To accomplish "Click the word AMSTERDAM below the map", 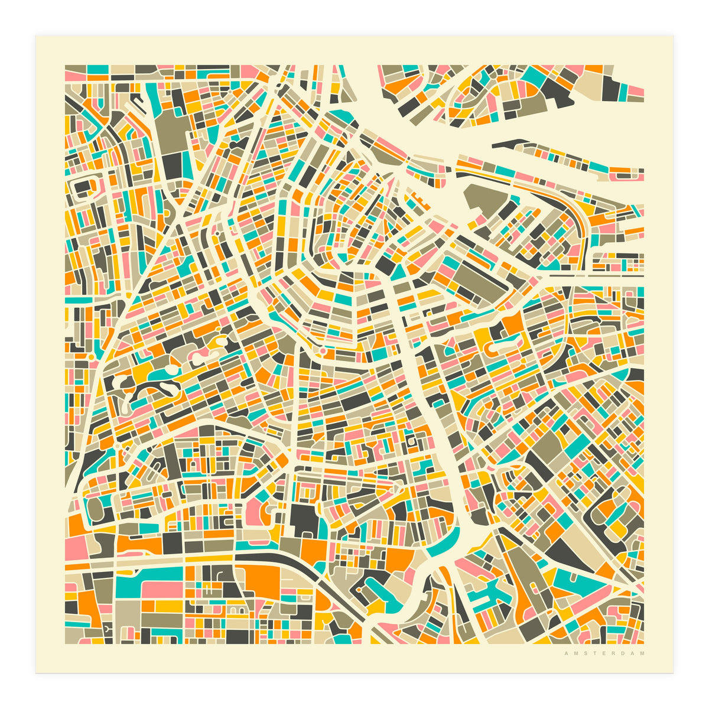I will click(604, 653).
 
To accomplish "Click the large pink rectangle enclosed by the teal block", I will click(161, 589).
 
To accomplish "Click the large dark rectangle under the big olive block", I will click(173, 161).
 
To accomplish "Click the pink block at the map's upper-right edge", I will click(635, 91).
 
